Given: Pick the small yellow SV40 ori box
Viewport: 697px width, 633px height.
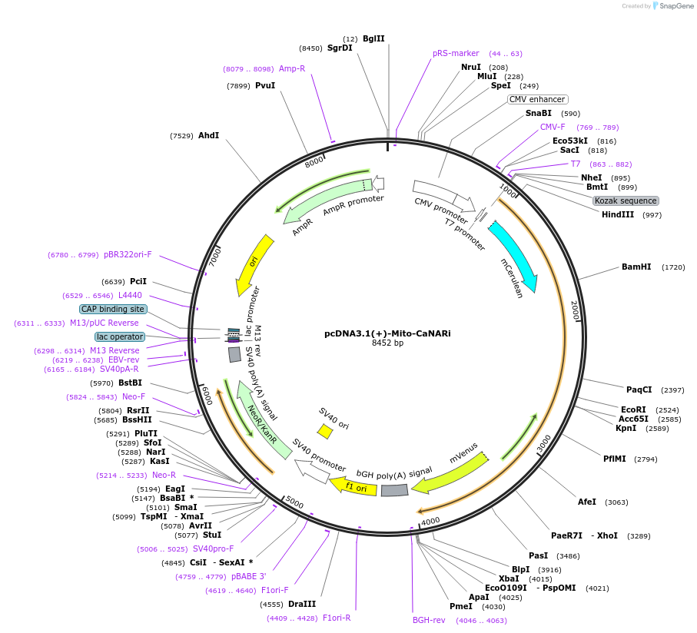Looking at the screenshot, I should pyautogui.click(x=325, y=432).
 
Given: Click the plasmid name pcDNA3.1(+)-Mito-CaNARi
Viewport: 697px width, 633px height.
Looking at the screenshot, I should pyautogui.click(x=387, y=333).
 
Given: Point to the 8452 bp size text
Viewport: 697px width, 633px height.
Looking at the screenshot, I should pyautogui.click(x=387, y=343).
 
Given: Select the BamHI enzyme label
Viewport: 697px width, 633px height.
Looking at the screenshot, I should pyautogui.click(x=636, y=267).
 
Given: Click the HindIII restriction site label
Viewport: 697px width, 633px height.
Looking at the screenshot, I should pyautogui.click(x=618, y=214).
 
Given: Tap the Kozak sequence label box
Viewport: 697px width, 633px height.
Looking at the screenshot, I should pyautogui.click(x=626, y=201).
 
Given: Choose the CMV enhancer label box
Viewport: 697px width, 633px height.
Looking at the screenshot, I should pyautogui.click(x=537, y=99).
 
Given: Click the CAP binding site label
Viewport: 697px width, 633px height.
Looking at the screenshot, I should pyautogui.click(x=113, y=309).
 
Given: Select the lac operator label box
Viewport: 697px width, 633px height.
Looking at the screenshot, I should pyautogui.click(x=120, y=336).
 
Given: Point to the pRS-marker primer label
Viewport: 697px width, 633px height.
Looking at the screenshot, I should pyautogui.click(x=456, y=54).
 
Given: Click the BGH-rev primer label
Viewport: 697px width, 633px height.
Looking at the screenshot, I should pyautogui.click(x=429, y=620).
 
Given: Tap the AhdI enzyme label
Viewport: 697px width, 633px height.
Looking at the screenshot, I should pyautogui.click(x=208, y=136).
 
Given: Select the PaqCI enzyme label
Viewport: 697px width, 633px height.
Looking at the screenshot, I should pyautogui.click(x=639, y=389).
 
